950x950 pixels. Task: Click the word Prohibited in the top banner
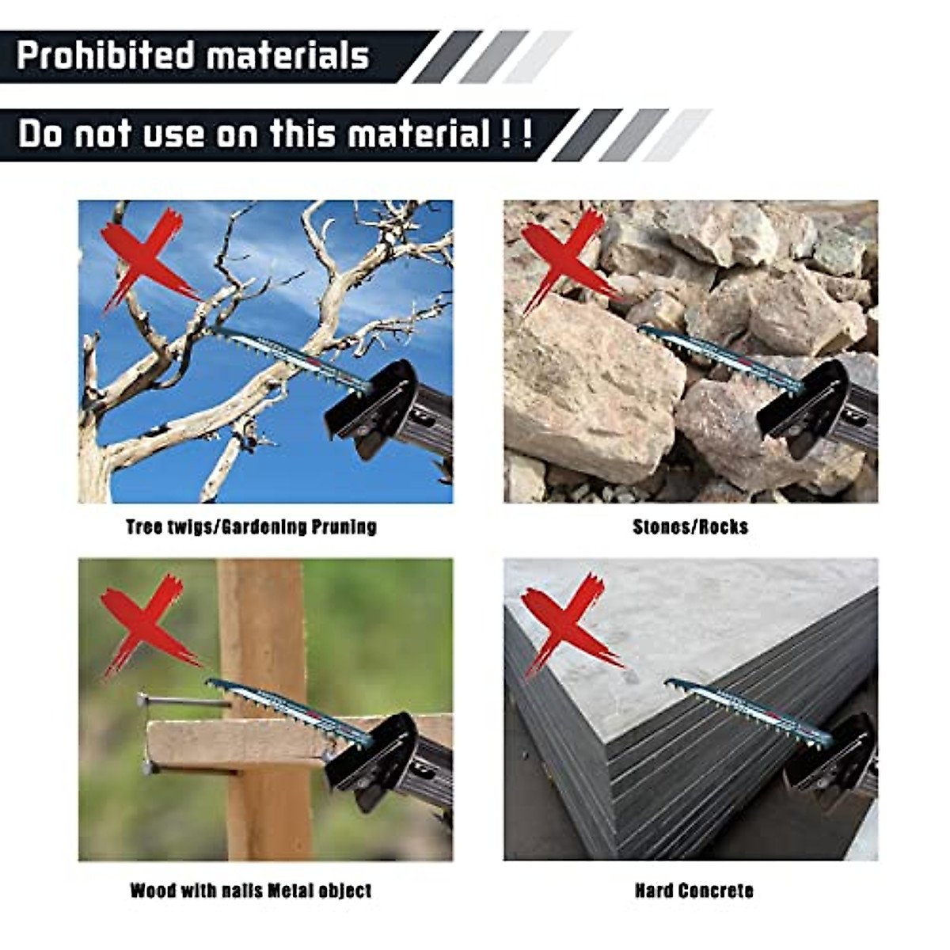pos(105,56)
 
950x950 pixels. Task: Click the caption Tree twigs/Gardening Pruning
pos(251,527)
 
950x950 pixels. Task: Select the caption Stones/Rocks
pos(690,527)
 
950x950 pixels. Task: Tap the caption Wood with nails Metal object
pos(251,891)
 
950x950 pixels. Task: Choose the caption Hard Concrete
pos(693,891)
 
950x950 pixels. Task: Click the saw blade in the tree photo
pos(293,356)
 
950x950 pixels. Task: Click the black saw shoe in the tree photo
pos(372,408)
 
